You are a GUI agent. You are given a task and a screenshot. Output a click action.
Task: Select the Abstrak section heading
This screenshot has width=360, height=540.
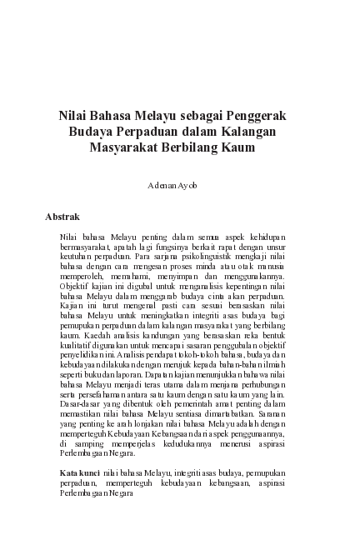62,217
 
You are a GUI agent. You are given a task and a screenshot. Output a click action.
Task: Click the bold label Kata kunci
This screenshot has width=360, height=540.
81,472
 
